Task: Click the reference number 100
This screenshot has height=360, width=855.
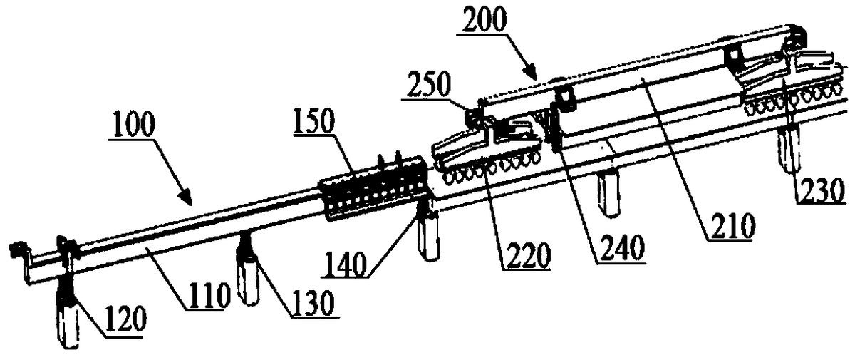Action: [x=134, y=125]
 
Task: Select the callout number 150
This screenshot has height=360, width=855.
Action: [x=314, y=120]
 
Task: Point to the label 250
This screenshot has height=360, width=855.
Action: [x=429, y=84]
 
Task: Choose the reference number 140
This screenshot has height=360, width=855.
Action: [x=345, y=264]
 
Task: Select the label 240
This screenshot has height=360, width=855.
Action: [x=621, y=249]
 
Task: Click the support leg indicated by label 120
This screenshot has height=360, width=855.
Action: [x=68, y=309]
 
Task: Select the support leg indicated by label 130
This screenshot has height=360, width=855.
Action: [x=248, y=271]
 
